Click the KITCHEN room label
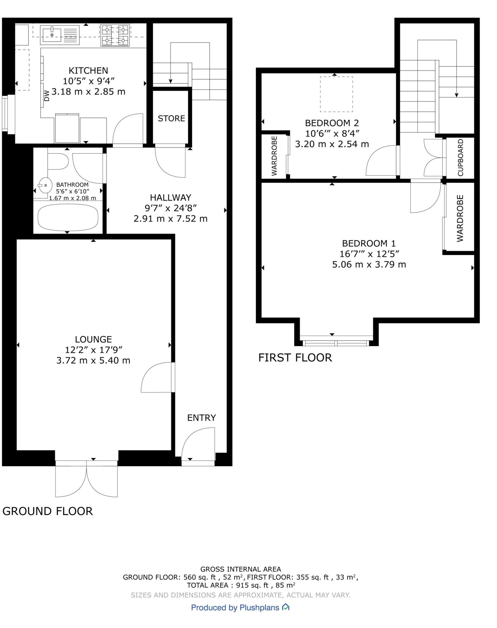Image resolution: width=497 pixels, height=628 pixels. (x=88, y=71)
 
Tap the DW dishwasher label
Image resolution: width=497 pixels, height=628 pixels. (x=47, y=96)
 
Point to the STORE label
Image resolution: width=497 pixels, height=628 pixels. (x=171, y=118)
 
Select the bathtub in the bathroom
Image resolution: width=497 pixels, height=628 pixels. (x=68, y=217)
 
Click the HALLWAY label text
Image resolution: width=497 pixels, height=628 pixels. (x=170, y=197)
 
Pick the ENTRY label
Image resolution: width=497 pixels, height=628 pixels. (x=202, y=418)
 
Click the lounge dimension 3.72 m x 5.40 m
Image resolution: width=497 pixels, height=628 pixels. (x=93, y=360)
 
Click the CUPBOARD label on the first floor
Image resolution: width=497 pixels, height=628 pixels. (x=460, y=158)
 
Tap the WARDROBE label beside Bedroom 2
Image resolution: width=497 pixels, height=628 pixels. (x=274, y=156)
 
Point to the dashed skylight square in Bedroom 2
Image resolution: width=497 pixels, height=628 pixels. (x=336, y=94)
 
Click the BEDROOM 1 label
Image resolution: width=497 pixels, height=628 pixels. (x=369, y=243)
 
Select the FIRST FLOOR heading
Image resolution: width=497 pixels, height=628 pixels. (x=295, y=358)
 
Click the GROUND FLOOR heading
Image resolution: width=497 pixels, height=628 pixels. (x=48, y=511)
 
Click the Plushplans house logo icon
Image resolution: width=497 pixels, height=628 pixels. (x=286, y=607)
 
